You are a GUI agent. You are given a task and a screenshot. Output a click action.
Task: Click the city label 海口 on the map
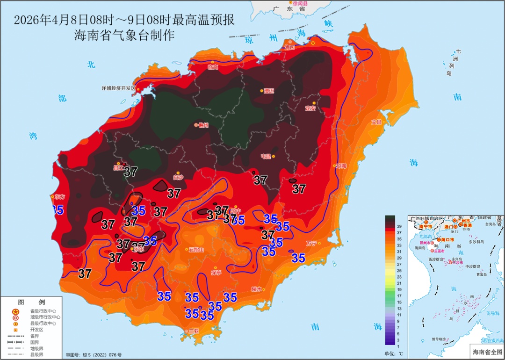click(x=290, y=47)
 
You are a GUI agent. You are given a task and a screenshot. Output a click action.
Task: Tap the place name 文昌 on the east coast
click(x=376, y=122)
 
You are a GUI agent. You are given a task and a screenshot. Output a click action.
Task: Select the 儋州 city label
click(x=203, y=125)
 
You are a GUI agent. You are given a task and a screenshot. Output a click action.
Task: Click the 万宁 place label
click(x=311, y=243)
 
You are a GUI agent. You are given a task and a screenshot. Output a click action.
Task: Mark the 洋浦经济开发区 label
click(x=118, y=88)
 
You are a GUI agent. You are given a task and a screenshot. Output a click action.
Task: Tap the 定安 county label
click(x=310, y=108)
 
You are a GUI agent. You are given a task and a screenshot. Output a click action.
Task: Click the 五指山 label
click(x=196, y=250)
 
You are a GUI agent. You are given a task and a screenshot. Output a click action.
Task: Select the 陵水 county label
click(x=256, y=289)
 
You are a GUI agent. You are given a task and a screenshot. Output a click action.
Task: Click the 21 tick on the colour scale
click(x=399, y=283)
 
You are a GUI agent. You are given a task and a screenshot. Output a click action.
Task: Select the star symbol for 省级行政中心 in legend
click(x=15, y=311)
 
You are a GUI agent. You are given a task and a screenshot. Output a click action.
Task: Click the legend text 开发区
click(x=37, y=329)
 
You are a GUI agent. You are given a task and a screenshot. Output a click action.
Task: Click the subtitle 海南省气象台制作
click(x=124, y=36)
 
